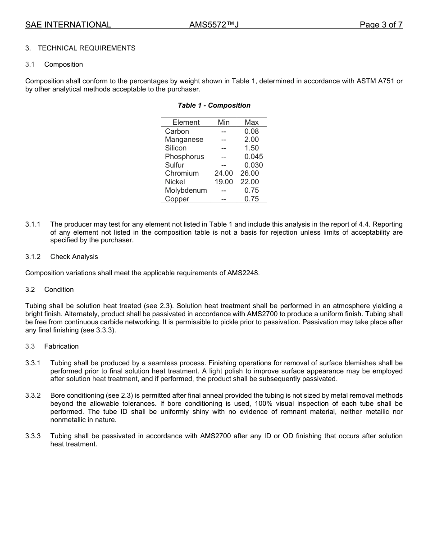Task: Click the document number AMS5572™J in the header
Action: pos(214,25)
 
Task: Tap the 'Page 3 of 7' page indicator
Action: pos(381,25)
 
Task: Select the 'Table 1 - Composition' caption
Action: pos(214,105)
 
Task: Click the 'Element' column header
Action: pos(186,123)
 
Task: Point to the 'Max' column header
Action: pos(251,123)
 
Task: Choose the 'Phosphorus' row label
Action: pos(184,157)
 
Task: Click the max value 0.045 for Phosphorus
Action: pos(253,157)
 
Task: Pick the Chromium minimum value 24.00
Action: pos(224,173)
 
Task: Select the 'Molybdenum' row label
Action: pos(186,191)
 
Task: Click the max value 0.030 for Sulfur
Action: pos(253,165)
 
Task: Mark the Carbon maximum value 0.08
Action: pos(251,132)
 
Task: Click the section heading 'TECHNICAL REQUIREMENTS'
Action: pos(87,48)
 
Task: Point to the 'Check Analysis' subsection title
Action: pos(74,257)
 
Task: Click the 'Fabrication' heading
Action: pos(61,346)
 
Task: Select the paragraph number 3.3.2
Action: pos(33,395)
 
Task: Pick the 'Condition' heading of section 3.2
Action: pos(59,290)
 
